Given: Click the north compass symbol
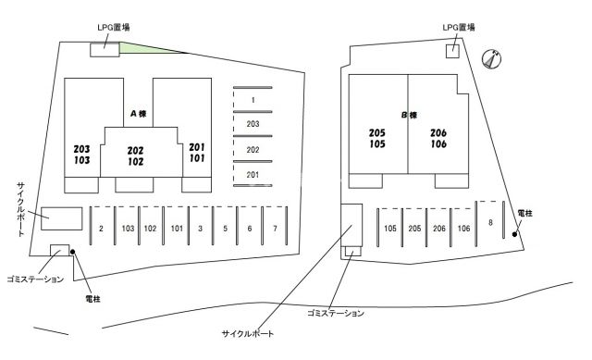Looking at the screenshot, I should point(493,59).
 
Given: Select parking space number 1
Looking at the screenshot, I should point(253,99).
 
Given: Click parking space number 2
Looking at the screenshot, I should point(100,228).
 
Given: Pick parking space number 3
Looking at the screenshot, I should point(200,228).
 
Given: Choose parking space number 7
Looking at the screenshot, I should point(275,228).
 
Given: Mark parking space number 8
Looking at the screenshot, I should point(490,222).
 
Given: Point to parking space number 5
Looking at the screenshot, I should point(225,228).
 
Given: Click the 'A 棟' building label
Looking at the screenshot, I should point(139,114).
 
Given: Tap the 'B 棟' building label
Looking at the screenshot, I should point(409,115).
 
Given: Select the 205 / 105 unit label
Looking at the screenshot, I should point(377,138).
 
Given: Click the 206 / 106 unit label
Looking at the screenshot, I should point(439,138).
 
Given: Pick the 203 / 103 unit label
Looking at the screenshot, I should point(81,154).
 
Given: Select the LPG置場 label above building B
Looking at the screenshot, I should point(459,28).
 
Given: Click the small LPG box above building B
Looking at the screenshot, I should point(452,51).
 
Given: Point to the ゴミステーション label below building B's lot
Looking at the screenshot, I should point(335,314).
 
